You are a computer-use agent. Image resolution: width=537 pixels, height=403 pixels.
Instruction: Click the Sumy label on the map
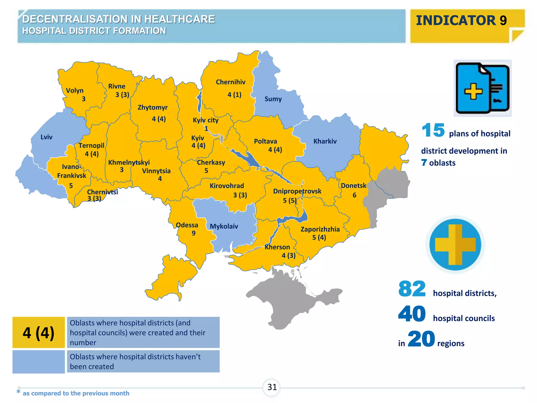pos(273,99)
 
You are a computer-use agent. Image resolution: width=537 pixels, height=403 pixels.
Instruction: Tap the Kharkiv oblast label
pos(325,141)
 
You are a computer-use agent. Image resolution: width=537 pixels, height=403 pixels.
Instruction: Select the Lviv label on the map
pos(46,137)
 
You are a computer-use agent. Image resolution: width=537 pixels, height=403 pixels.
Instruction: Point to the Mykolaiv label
pos(224,226)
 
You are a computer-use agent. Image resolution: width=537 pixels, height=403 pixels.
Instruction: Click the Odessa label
pos(187,225)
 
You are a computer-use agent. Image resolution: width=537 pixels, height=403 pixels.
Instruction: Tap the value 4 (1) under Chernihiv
pos(234,95)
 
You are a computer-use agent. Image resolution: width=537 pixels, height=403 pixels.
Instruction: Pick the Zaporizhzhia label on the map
pos(320,229)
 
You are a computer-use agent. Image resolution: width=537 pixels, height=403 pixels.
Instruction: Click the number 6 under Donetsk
pos(354,195)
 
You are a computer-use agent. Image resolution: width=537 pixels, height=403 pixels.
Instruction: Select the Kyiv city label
pos(206,120)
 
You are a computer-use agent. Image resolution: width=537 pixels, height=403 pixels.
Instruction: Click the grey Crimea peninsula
pos(288,299)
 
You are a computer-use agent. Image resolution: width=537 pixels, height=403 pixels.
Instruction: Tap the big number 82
pos(412,289)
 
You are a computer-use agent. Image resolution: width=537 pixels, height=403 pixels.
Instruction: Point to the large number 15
pos(433,130)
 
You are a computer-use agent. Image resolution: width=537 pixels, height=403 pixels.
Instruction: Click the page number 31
pos(272,387)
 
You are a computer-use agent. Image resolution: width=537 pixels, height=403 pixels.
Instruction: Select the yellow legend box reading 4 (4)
pos(39,332)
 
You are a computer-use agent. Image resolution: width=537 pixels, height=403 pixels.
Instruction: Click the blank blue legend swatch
pos(39,362)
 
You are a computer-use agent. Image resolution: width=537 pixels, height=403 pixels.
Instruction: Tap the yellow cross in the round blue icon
pos(455,245)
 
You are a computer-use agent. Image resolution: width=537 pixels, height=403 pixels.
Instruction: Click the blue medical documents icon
pos(482,88)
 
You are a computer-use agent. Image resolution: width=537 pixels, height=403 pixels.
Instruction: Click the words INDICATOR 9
pos(461,20)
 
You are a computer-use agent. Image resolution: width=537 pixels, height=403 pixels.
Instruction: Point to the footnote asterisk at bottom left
pos(18,392)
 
